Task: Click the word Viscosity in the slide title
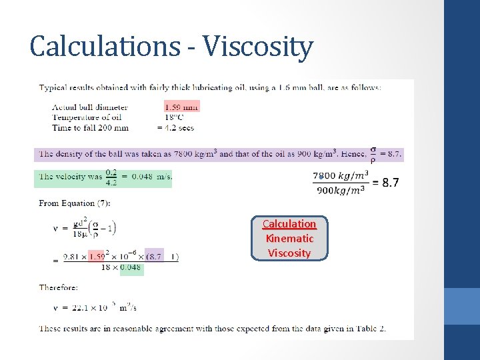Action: [258, 47]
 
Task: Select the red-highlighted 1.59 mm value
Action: [181, 107]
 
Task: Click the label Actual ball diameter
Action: [90, 107]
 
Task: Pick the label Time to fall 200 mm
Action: [90, 128]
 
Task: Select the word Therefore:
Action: [59, 287]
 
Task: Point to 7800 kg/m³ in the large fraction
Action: [340, 175]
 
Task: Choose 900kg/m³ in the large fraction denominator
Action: [340, 191]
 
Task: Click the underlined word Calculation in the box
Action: [289, 224]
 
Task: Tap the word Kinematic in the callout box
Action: [289, 239]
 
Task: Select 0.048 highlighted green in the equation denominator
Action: [131, 267]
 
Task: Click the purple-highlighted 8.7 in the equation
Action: [154, 256]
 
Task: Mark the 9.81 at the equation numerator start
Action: [72, 256]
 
